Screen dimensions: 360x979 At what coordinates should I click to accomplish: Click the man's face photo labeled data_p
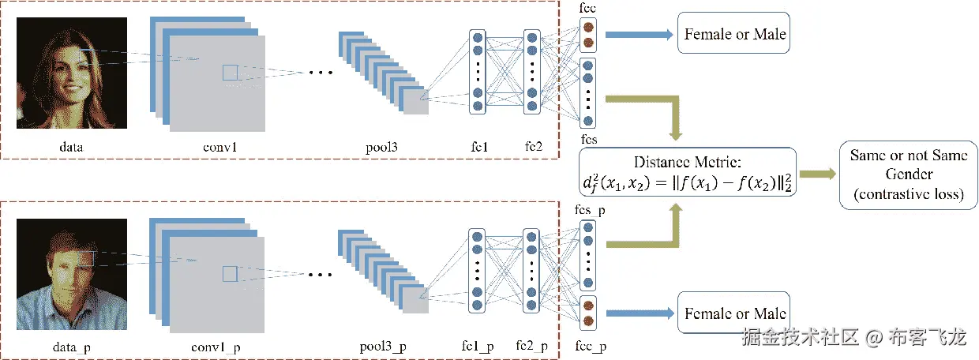tap(71, 275)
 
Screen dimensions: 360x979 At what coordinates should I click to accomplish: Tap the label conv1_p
tap(216, 347)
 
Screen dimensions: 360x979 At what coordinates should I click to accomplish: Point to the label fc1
tap(479, 146)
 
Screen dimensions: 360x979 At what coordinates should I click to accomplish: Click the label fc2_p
tap(532, 347)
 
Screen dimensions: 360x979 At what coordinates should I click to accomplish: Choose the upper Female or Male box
tap(734, 35)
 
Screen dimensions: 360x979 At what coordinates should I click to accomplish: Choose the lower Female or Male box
tap(734, 313)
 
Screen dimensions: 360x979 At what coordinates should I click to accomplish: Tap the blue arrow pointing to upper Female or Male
tap(638, 35)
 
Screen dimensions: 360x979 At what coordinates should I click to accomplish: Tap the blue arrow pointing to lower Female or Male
tap(638, 313)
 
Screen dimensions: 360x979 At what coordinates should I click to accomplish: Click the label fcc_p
tap(590, 347)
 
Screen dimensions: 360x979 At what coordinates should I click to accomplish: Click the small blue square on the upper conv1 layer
tap(230, 73)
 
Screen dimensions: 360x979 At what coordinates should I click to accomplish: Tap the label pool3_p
tap(383, 347)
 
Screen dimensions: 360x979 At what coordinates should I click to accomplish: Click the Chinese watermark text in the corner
tap(853, 338)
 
